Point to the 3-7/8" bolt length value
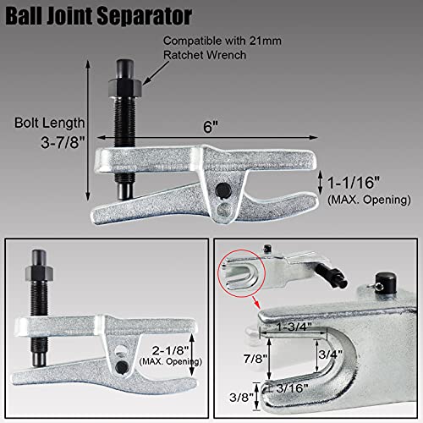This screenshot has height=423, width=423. pyautogui.click(x=37, y=145)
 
